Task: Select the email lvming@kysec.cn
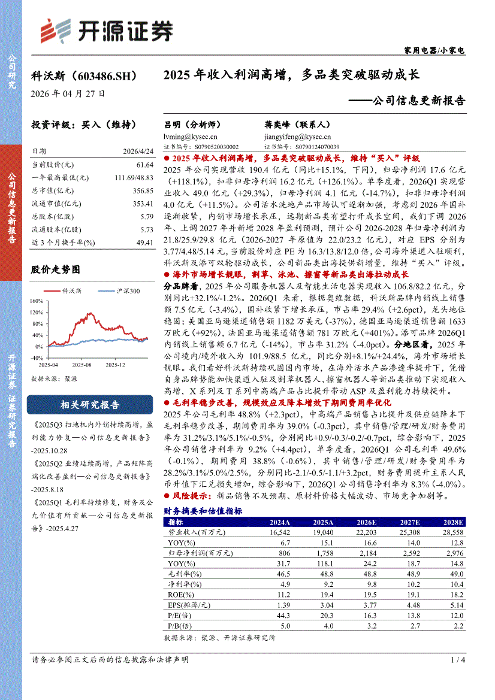(193, 137)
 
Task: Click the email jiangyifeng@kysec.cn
(294, 137)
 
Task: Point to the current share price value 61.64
(144, 165)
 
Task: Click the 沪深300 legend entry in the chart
(126, 291)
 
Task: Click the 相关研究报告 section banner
(90, 404)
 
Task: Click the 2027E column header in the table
(409, 522)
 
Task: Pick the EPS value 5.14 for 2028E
(457, 605)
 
